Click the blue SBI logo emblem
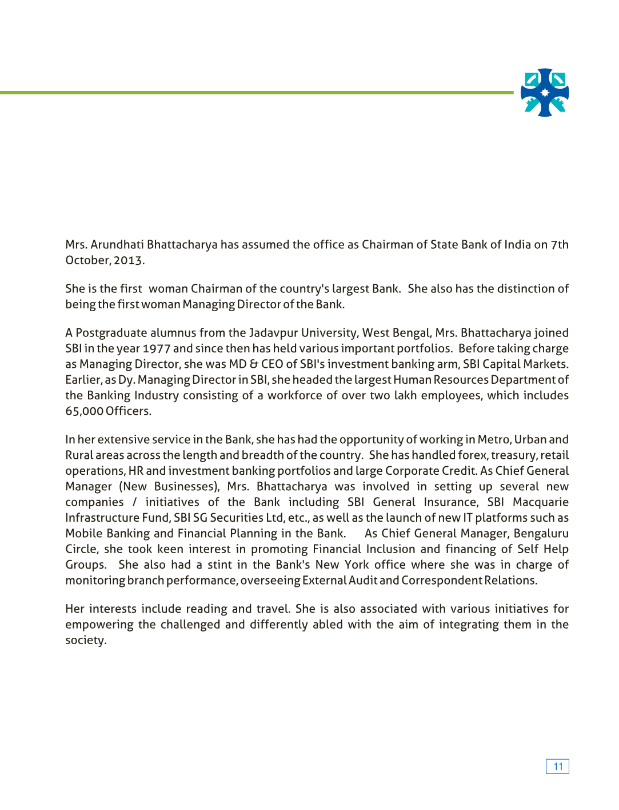pos(545,93)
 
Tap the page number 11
pos(558,767)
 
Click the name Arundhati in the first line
pos(117,245)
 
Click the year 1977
pos(156,349)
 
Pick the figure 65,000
pos(84,411)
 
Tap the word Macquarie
pos(540,502)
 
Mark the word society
pos(85,641)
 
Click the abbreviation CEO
pos(272,364)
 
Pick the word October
pos(87,261)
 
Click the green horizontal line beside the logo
pos(257,92)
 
